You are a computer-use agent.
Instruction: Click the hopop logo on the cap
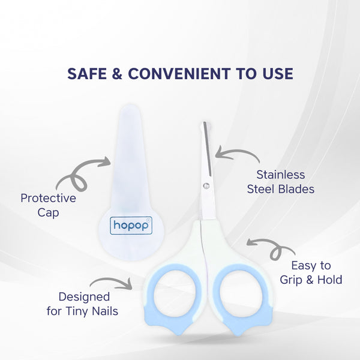pos(132,226)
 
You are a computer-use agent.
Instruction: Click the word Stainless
pos(281,175)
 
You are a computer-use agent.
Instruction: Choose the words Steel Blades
pos(281,190)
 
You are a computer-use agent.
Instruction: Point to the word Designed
pos(84,296)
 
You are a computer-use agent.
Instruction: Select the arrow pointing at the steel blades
pos(237,154)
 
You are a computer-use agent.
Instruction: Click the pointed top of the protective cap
pos(128,108)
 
